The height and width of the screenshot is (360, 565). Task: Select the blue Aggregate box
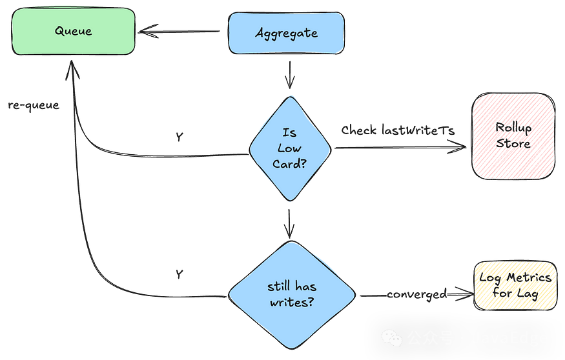[287, 32]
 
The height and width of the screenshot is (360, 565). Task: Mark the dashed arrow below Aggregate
[290, 74]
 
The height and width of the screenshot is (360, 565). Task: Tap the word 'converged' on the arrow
[417, 295]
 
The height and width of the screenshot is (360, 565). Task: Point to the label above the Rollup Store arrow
[398, 130]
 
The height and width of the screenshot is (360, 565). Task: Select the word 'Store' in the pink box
[513, 143]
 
